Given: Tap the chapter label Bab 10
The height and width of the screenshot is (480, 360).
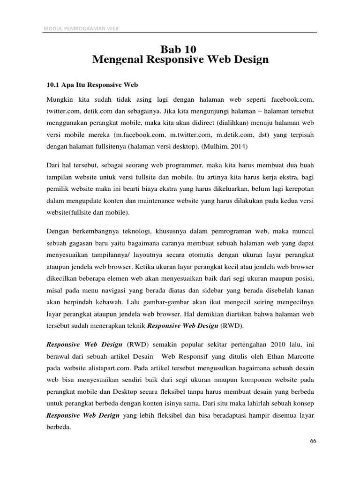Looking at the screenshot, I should click(180, 49).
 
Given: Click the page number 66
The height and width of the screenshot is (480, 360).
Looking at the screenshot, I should click(314, 442).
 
